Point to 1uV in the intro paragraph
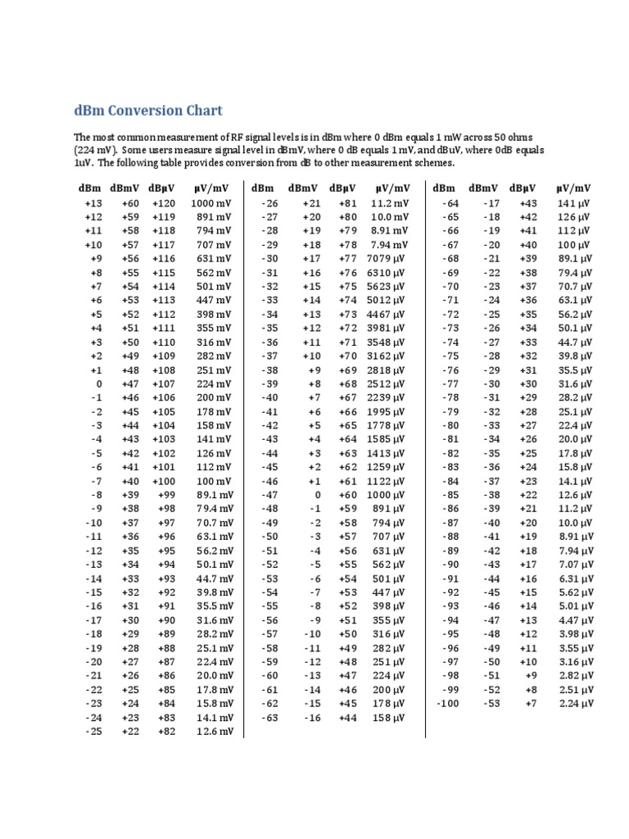[82, 163]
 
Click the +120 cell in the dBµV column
[164, 203]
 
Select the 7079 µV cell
[388, 259]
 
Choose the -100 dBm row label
[448, 703]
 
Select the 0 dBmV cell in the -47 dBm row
[317, 496]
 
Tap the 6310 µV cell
[388, 273]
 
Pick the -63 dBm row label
[269, 717]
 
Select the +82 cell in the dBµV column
[167, 731]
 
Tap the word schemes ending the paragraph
[432, 163]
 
